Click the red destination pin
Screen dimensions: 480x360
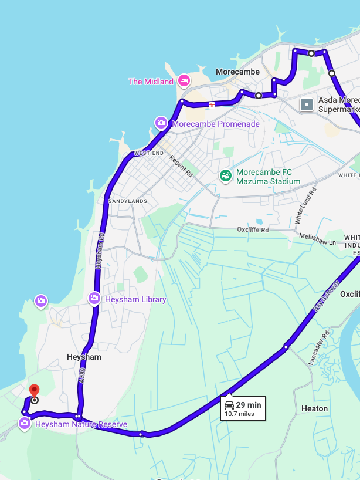click(34, 390)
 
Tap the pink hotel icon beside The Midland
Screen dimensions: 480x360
click(184, 81)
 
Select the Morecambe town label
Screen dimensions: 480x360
click(237, 72)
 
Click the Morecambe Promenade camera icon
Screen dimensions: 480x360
click(161, 123)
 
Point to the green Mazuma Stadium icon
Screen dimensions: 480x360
click(225, 175)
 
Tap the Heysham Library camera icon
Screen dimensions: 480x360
click(94, 299)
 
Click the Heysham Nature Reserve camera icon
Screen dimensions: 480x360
click(24, 424)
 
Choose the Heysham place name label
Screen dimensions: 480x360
click(84, 357)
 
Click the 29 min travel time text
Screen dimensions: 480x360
click(249, 405)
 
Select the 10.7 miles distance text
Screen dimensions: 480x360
click(239, 414)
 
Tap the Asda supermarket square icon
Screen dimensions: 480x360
click(307, 104)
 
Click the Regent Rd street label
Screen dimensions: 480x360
click(181, 166)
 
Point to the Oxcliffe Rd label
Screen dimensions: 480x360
click(253, 229)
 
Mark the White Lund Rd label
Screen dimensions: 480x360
click(305, 206)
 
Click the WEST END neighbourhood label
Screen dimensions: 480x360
click(149, 153)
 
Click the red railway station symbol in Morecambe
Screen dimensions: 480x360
click(211, 104)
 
